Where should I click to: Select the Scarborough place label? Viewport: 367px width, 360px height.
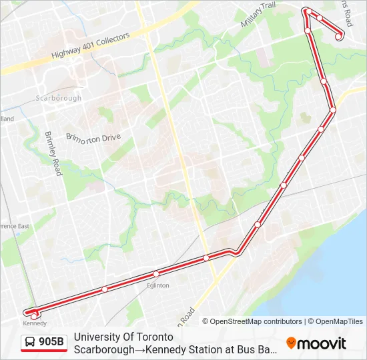coord(59,98)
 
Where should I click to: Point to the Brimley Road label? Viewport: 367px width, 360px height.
coord(53,153)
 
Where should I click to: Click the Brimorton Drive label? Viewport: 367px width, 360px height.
coord(93,137)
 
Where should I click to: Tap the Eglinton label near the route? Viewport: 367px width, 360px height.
coord(158,285)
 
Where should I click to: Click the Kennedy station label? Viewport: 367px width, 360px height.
coord(35,323)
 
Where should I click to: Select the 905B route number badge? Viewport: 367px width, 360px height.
coord(51,343)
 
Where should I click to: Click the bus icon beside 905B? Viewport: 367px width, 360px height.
coord(30,343)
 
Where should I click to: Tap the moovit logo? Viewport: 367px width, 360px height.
coord(316,343)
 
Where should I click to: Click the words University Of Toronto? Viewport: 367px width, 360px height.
coord(123,337)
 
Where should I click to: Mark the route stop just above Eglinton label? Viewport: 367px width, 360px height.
coord(155,273)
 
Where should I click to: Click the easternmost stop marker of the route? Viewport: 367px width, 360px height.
coord(339,35)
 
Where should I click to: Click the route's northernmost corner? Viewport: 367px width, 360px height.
coord(306,9)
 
